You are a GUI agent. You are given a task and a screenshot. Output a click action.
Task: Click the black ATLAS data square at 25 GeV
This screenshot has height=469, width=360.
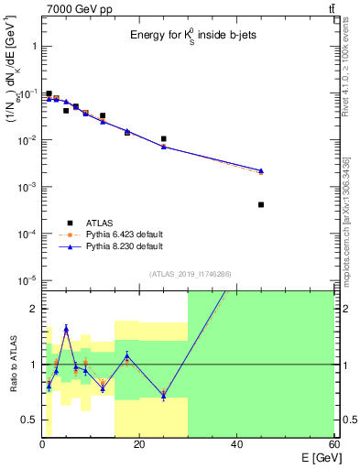[x=164, y=139]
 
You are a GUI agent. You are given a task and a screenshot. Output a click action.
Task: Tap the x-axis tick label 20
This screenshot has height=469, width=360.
[x=138, y=445]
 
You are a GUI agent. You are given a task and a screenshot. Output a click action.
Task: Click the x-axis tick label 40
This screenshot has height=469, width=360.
[x=236, y=445]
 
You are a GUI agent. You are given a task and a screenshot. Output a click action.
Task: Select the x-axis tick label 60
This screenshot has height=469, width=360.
[x=333, y=445]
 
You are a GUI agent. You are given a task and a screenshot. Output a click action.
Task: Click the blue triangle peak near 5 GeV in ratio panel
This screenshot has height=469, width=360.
[x=66, y=328]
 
